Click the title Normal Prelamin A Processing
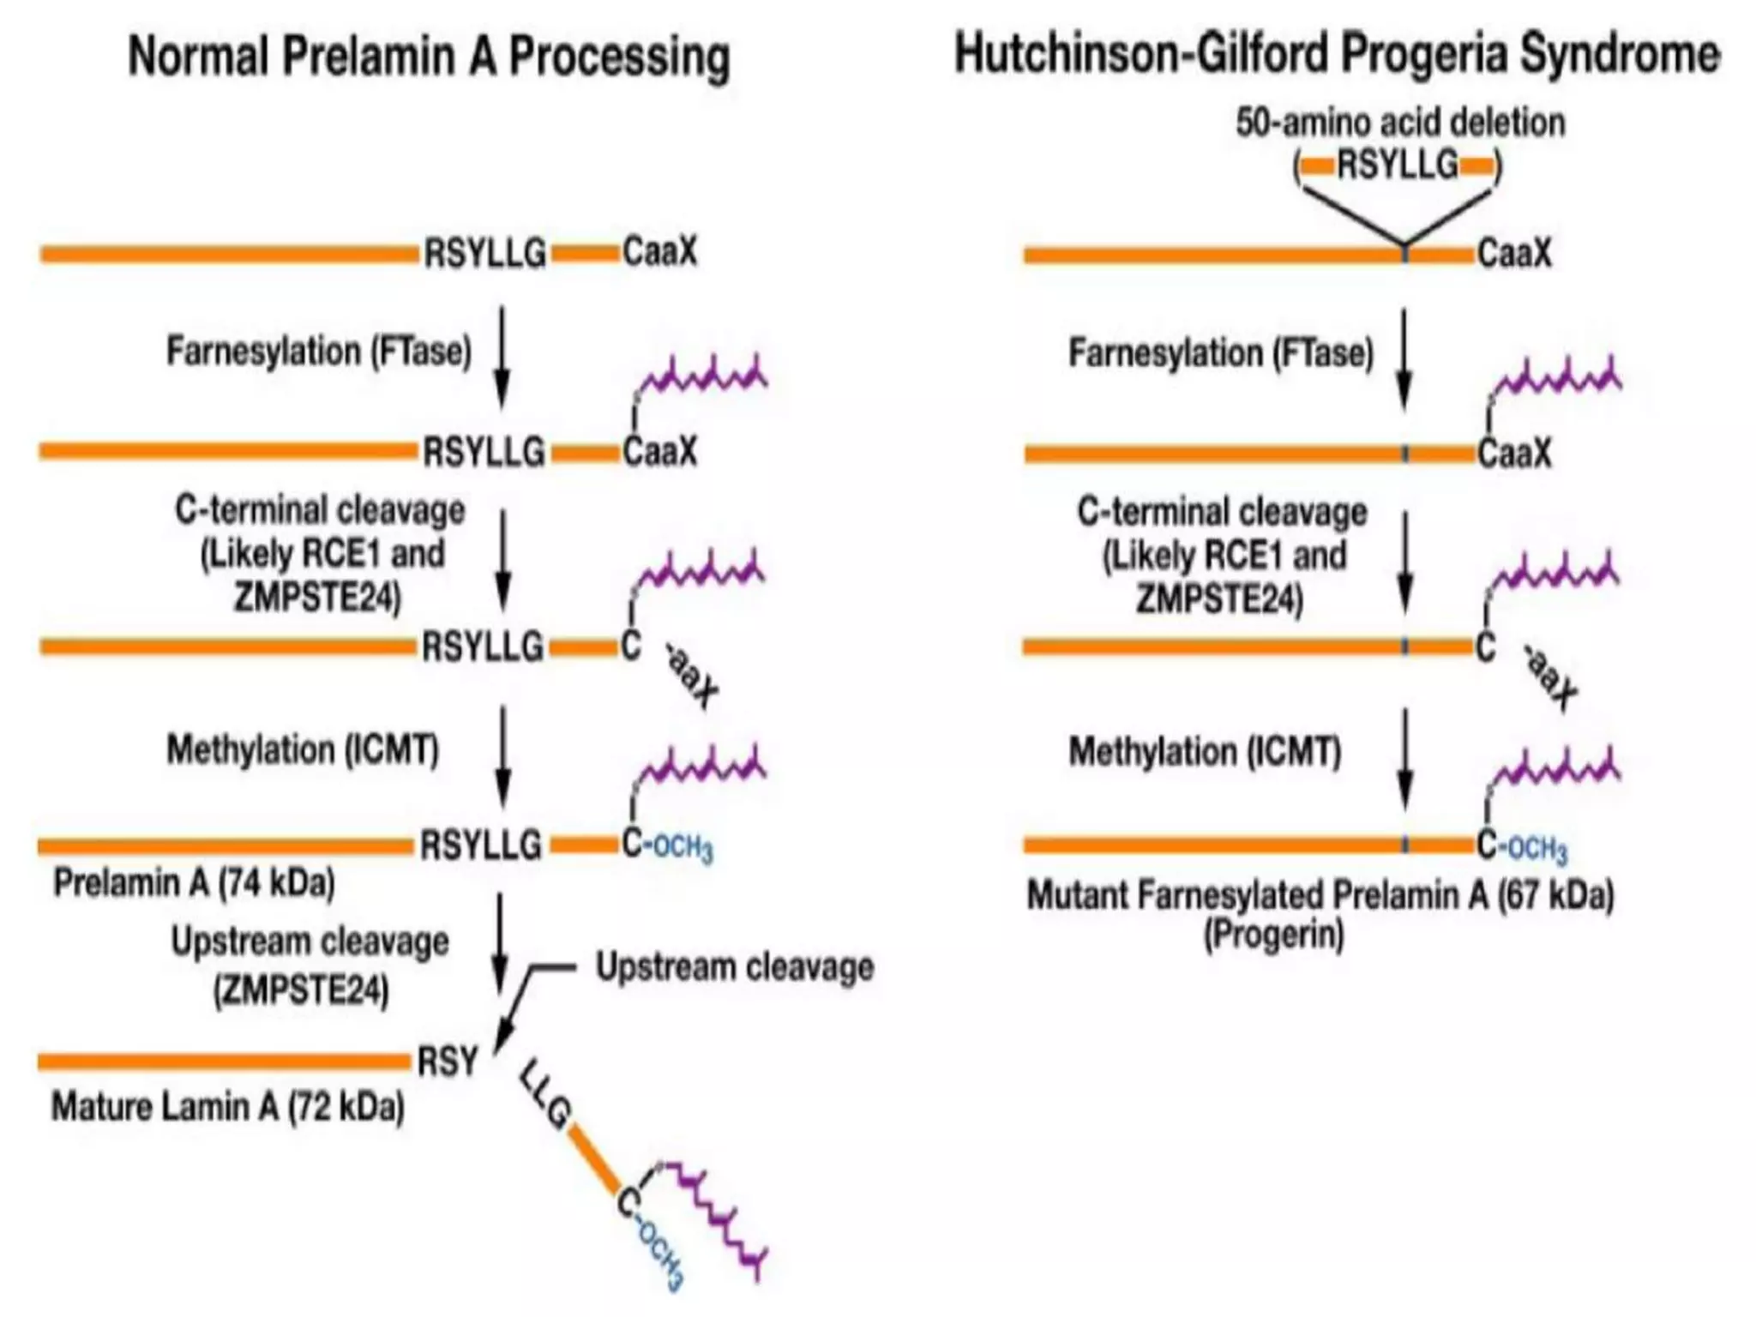(429, 57)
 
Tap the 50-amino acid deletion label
(1399, 123)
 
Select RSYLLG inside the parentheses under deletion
(1398, 164)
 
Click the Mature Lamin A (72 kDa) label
(228, 1106)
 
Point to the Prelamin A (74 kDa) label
(194, 882)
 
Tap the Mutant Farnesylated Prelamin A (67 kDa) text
(1320, 895)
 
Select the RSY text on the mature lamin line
(447, 1061)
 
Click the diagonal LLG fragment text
(545, 1096)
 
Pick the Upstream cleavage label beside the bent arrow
(735, 967)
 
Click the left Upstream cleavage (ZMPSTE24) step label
(309, 965)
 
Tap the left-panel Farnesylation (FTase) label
(319, 352)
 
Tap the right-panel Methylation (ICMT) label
(1205, 752)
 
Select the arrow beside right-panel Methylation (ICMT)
(1404, 759)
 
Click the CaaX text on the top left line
(659, 252)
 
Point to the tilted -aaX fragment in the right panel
(1550, 677)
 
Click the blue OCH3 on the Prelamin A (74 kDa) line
(683, 848)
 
